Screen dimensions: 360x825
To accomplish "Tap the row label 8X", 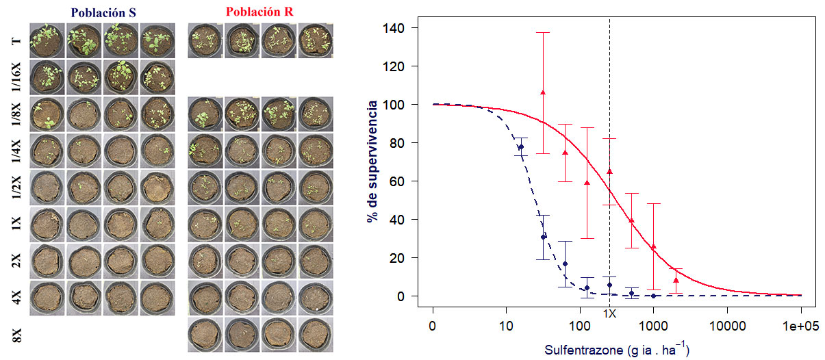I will [x=16, y=335].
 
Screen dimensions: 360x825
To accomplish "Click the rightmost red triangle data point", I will [x=676, y=280].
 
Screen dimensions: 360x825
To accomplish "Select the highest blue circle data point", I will [x=520, y=147].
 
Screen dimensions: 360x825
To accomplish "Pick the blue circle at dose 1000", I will [x=653, y=296].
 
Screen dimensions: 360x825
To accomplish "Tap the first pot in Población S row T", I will [x=47, y=40].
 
